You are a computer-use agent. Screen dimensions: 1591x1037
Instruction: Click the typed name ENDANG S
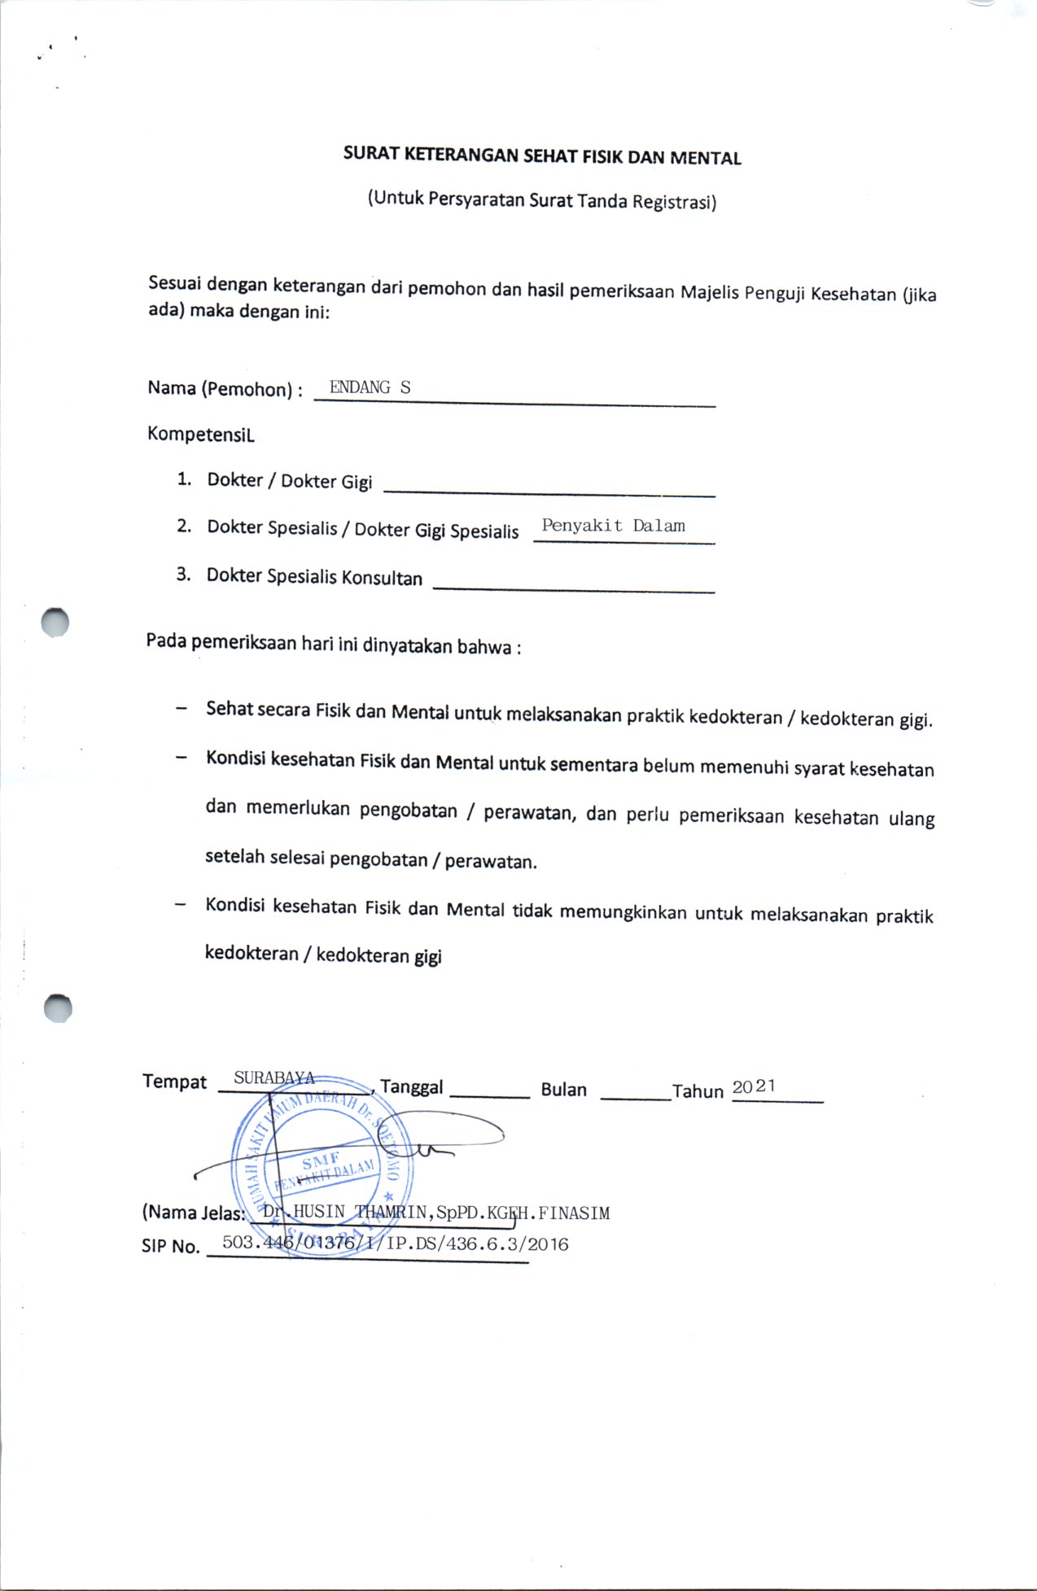pyautogui.click(x=370, y=387)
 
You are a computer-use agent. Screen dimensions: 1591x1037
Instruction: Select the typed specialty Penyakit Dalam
pyautogui.click(x=613, y=526)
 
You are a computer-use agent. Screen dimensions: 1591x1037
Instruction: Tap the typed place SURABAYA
pyautogui.click(x=274, y=1077)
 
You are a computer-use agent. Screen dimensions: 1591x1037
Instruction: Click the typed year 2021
pyautogui.click(x=754, y=1086)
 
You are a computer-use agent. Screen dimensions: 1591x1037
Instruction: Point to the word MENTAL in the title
pyautogui.click(x=705, y=158)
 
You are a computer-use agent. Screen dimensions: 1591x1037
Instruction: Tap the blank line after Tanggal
pyautogui.click(x=489, y=1095)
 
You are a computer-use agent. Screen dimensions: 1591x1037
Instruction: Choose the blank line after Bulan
pyautogui.click(x=635, y=1097)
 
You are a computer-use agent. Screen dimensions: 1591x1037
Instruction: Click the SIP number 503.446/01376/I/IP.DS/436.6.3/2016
pyautogui.click(x=395, y=1244)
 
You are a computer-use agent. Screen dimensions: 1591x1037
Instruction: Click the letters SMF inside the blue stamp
pyautogui.click(x=320, y=1160)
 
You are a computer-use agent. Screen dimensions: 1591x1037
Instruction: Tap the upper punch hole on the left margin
pyautogui.click(x=55, y=623)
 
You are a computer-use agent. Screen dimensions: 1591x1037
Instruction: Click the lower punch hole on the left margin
pyautogui.click(x=58, y=1008)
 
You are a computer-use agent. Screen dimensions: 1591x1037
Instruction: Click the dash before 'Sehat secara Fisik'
pyautogui.click(x=180, y=708)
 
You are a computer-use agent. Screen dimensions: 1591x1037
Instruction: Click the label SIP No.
pyautogui.click(x=170, y=1246)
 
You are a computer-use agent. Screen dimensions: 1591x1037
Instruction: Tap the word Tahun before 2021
pyautogui.click(x=698, y=1091)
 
